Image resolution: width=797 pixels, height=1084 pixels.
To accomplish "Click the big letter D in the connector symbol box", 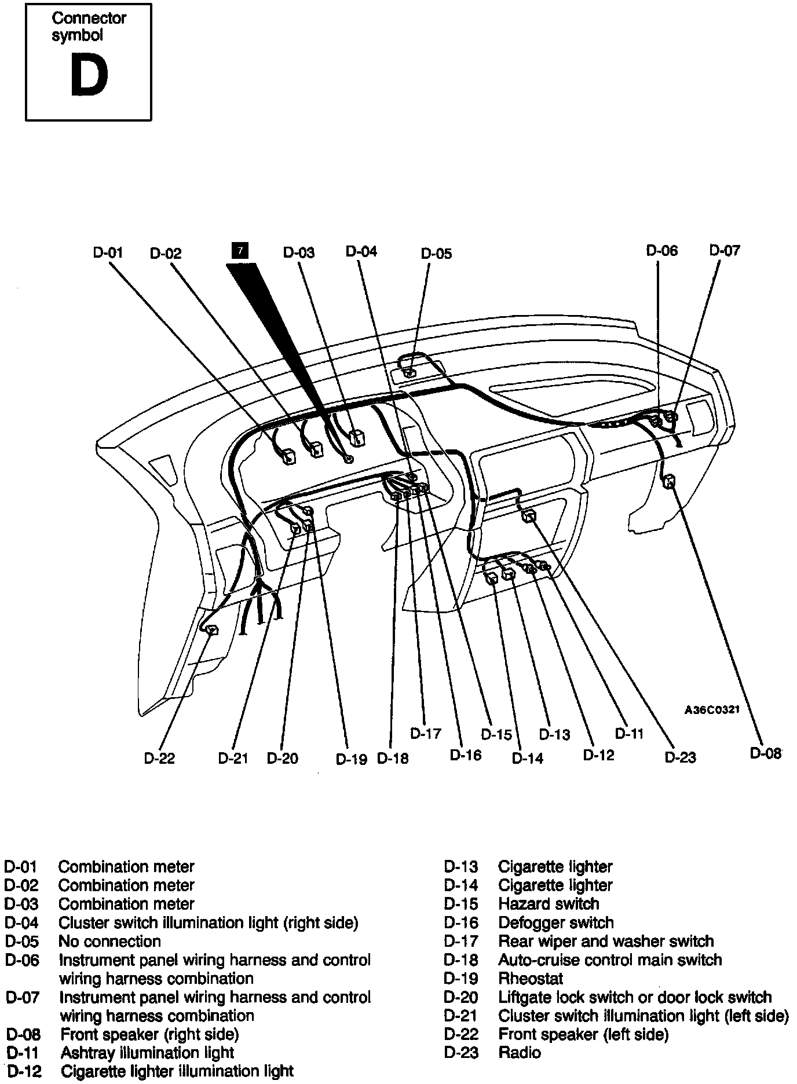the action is point(89,76).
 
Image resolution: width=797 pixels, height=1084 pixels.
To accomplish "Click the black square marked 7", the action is point(240,251).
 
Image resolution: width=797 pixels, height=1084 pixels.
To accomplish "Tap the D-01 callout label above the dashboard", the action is point(108,252).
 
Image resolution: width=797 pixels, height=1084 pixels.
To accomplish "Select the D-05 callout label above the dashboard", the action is point(436,253).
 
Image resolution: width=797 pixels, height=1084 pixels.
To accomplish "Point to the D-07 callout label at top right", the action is point(725,250).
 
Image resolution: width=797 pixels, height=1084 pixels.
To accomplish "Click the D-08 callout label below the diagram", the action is point(766,753).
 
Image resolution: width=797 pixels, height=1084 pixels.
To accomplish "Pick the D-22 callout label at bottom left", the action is point(159,758).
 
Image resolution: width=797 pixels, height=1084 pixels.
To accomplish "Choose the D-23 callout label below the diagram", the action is point(680,757).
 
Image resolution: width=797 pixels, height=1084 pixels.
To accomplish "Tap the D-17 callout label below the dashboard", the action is point(426,733).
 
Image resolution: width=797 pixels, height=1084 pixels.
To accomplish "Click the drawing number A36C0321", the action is point(712,710).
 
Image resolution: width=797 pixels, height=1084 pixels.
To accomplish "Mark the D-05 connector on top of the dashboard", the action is point(409,372).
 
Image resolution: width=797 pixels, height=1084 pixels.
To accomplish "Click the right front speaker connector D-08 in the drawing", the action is point(670,481).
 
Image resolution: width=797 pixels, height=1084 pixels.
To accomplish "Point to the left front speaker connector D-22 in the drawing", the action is point(212,630).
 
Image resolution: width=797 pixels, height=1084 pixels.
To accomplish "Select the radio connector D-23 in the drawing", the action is point(529,516).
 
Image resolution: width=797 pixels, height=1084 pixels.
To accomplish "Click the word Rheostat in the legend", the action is point(531,979).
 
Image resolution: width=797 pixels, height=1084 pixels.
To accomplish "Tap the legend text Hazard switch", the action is point(549,904).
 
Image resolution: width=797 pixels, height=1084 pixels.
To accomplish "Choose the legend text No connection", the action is point(109,941).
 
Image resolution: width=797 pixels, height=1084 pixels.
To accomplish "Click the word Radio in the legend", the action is point(520,1052).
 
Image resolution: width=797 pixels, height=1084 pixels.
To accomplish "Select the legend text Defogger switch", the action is point(555,922).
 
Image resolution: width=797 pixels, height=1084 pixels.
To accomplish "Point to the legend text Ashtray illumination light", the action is point(147,1052).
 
